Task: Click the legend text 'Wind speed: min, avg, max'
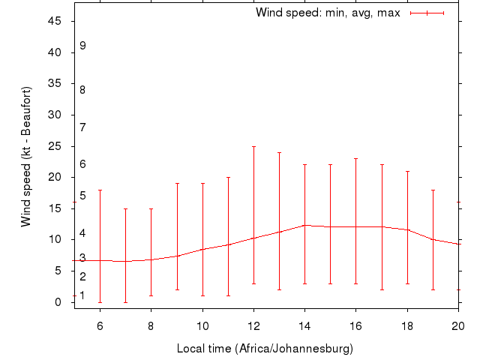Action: (x=328, y=13)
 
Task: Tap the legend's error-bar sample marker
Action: (x=427, y=13)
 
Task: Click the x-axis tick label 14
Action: (x=304, y=325)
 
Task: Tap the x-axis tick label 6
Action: (x=100, y=325)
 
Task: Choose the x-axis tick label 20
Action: (x=457, y=325)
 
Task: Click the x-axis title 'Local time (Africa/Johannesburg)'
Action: (x=265, y=349)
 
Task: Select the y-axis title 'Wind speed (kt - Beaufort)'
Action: (x=25, y=157)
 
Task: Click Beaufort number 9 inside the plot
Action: (x=82, y=46)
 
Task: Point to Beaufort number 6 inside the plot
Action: (x=82, y=164)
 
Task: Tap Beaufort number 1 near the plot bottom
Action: (x=82, y=295)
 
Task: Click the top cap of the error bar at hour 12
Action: (x=253, y=146)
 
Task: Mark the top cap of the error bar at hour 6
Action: (x=100, y=190)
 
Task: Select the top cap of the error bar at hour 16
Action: (x=355, y=158)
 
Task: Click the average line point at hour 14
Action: (x=304, y=225)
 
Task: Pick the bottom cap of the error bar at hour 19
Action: (x=433, y=289)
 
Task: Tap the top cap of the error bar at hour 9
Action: (x=177, y=183)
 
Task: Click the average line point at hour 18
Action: (x=407, y=229)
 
